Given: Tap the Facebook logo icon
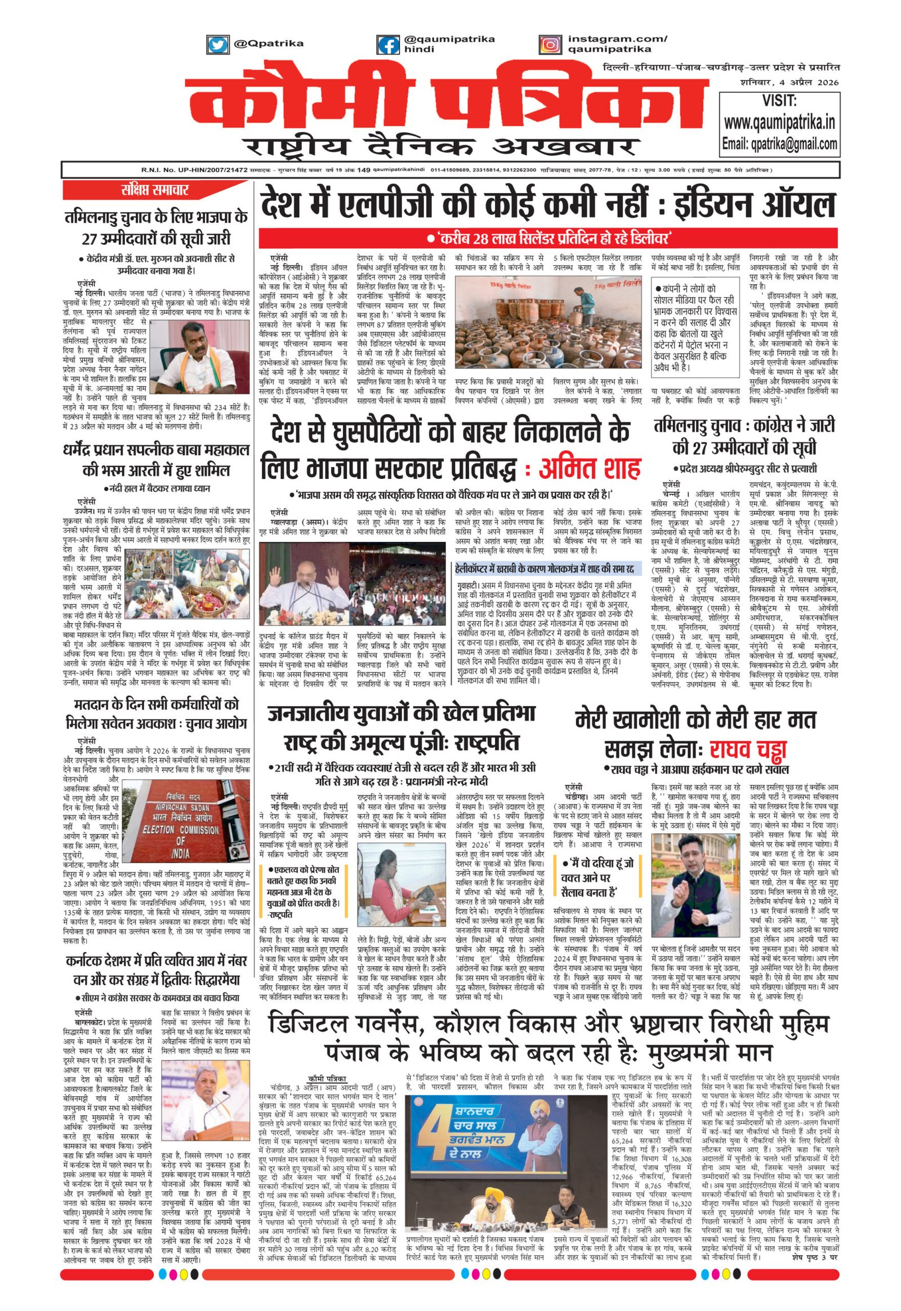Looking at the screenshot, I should tap(387, 44).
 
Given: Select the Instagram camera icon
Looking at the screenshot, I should tap(550, 44).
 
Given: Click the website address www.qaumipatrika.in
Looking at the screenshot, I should tap(779, 122).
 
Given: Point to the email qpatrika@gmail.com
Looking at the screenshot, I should tap(779, 144).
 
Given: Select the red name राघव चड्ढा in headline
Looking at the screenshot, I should tap(748, 749).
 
